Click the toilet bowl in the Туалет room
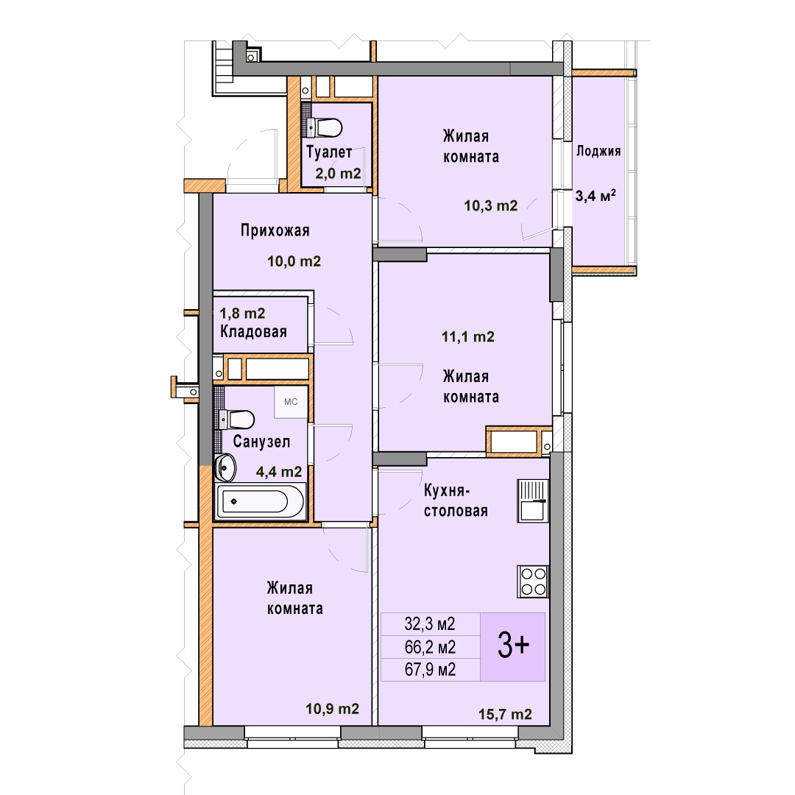point(324,127)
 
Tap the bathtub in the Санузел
point(260,501)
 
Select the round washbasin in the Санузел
point(225,467)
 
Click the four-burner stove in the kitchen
point(533,581)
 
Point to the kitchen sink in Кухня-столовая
point(533,501)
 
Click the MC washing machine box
point(291,402)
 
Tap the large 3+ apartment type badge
point(512,646)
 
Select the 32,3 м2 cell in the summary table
point(430,623)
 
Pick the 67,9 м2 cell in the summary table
point(430,670)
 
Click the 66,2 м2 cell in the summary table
point(430,647)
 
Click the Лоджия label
point(598,151)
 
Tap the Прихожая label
point(275,230)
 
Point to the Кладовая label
point(253,331)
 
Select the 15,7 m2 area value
point(505,714)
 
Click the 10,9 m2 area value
point(332,708)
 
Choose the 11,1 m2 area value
point(467,336)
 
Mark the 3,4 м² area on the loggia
point(596,196)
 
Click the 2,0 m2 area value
point(338,174)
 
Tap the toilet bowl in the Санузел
point(237,420)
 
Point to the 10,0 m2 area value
point(294,261)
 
